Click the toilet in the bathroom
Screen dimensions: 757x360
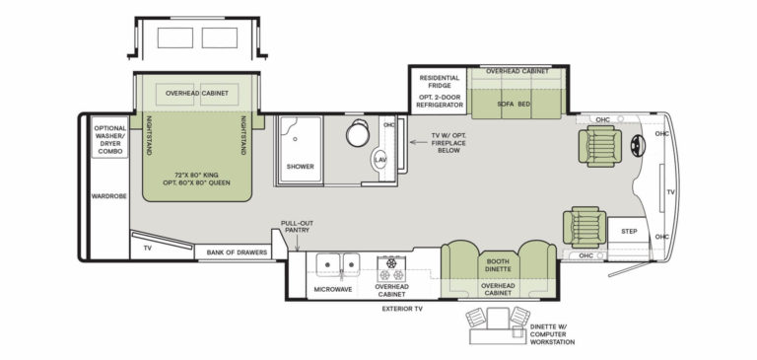coord(358,133)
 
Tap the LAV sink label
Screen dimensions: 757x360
coord(380,160)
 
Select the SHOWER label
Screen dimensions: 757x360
coord(301,167)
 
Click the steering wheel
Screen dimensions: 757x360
coord(638,143)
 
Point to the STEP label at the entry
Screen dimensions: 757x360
coord(629,232)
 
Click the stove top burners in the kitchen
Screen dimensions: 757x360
coord(391,270)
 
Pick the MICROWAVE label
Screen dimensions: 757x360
coord(333,290)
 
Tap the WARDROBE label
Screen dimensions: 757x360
coord(109,196)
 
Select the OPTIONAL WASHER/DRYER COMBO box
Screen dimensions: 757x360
coord(110,137)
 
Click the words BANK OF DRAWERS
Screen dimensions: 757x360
coord(237,252)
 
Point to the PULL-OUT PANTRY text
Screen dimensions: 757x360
coord(297,227)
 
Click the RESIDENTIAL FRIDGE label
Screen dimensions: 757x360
coord(439,82)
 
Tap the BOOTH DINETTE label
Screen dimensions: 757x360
coord(498,265)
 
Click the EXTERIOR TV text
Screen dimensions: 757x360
coord(402,309)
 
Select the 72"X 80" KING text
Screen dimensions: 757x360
coord(197,175)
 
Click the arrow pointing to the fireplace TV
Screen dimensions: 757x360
coord(417,142)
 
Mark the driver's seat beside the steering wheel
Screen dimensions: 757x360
coord(600,146)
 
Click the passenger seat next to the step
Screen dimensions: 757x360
coord(585,227)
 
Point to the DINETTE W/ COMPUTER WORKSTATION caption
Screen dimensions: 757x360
coord(552,334)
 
